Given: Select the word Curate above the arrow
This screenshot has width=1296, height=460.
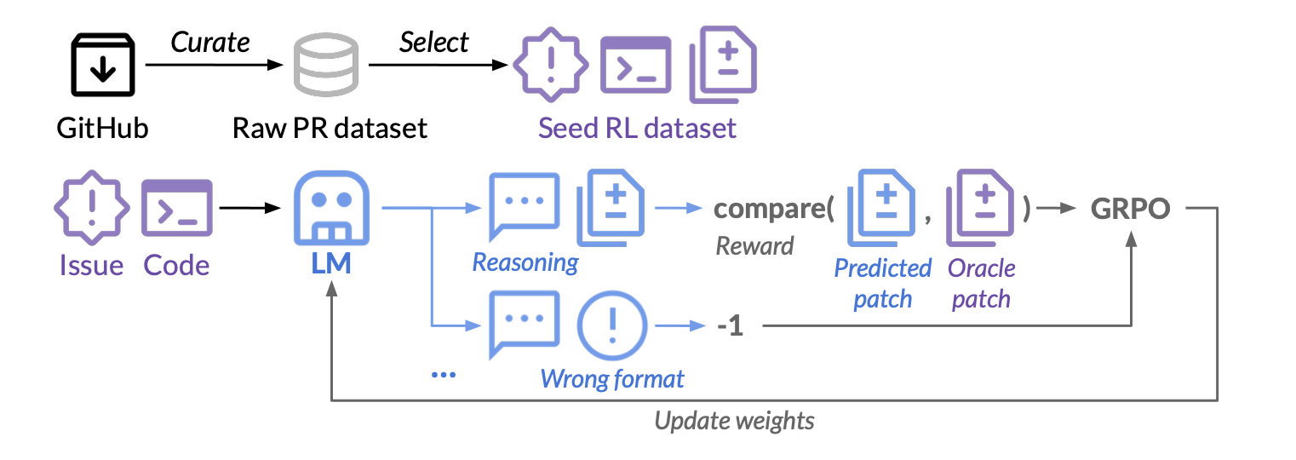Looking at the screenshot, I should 210,43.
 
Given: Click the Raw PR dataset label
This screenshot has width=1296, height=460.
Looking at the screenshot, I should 330,129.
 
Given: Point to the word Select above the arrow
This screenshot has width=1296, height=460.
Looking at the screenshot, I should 434,43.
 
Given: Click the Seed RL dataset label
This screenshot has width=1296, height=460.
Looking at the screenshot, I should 637,129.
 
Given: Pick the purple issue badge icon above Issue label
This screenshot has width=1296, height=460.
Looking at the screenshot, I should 91,209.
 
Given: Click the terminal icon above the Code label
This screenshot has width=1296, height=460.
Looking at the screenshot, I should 176,209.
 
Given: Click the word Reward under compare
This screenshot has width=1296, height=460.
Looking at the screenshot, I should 754,246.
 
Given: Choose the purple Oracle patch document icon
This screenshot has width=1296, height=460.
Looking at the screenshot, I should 983,209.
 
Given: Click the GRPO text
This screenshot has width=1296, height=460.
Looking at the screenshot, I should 1131,210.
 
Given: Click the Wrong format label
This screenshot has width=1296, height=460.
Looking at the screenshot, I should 612,377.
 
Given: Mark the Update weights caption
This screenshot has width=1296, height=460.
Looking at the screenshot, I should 734,421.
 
